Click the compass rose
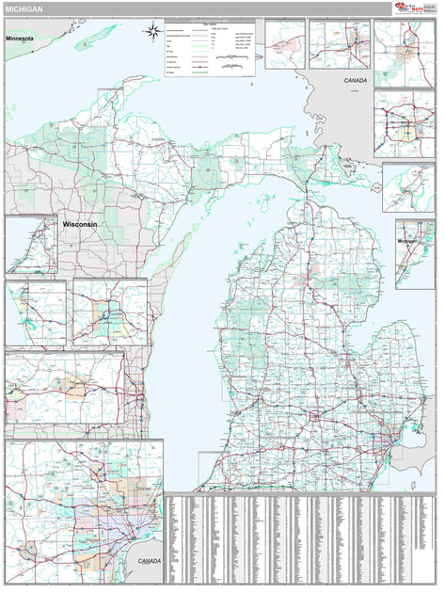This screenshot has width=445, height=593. pos(151,35)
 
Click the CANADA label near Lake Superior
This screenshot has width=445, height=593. pos(355,81)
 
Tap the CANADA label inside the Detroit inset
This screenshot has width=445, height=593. pos(149,561)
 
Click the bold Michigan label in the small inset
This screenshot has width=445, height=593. pos(406,241)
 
